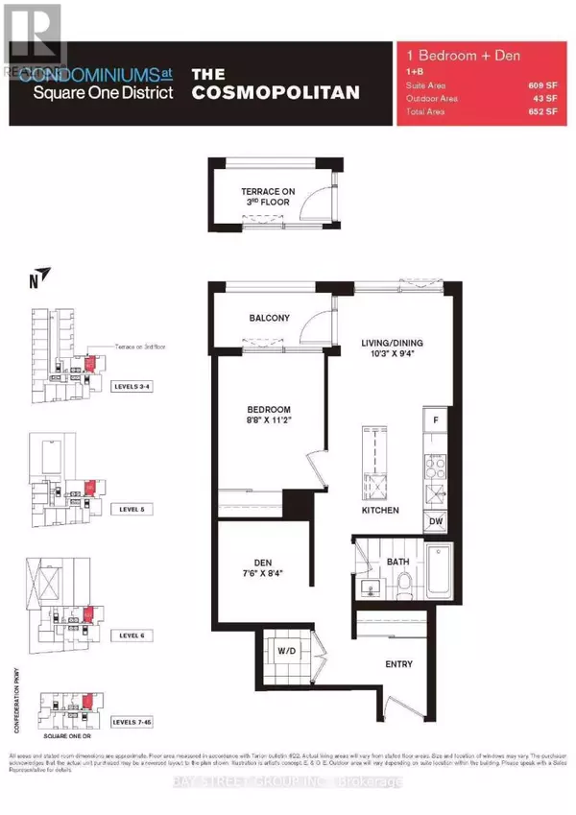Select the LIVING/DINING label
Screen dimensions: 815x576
392,344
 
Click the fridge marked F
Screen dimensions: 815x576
435,421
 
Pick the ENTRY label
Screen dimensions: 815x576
398,664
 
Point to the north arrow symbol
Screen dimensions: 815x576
38,282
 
